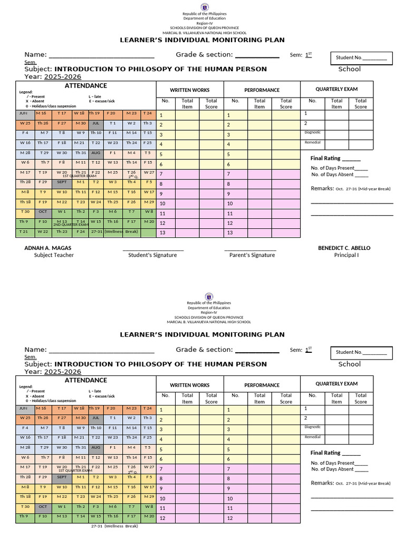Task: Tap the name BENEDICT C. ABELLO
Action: coord(344,248)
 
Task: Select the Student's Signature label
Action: coord(152,255)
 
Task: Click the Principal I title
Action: coord(346,255)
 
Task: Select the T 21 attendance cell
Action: coord(24,232)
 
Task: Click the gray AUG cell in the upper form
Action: coord(95,152)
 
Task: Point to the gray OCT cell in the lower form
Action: coord(43,506)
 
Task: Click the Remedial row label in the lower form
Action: coord(312,437)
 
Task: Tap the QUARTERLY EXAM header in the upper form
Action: coord(336,89)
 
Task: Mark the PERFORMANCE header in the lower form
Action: coord(262,385)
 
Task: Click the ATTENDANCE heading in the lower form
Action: coord(85,380)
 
